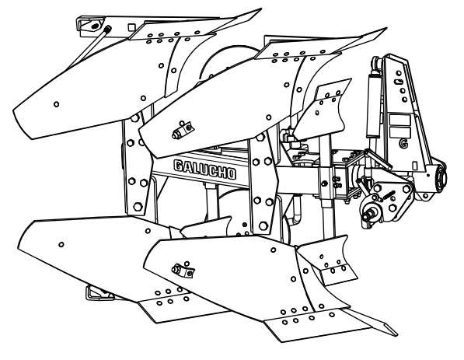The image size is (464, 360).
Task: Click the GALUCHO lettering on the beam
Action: (x=205, y=170)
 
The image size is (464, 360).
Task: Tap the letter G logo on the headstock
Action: (x=403, y=143)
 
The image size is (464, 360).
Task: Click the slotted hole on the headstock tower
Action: (x=398, y=82)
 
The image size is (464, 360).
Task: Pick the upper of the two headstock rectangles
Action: (x=399, y=121)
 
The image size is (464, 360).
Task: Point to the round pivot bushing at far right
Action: (x=441, y=177)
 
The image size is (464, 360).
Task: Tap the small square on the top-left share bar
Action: (x=131, y=27)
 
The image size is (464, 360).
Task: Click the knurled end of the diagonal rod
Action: (x=107, y=29)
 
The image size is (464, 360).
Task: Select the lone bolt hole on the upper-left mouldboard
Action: (x=56, y=104)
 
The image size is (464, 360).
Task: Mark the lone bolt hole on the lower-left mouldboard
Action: (x=61, y=245)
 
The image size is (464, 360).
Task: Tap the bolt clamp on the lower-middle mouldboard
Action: (x=183, y=269)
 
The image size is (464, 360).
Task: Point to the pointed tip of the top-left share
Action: (x=260, y=9)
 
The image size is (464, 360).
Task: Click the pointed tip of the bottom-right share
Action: (x=396, y=334)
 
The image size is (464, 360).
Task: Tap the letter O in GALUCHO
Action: (x=232, y=174)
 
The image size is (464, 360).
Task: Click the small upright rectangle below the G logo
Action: (x=414, y=165)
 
